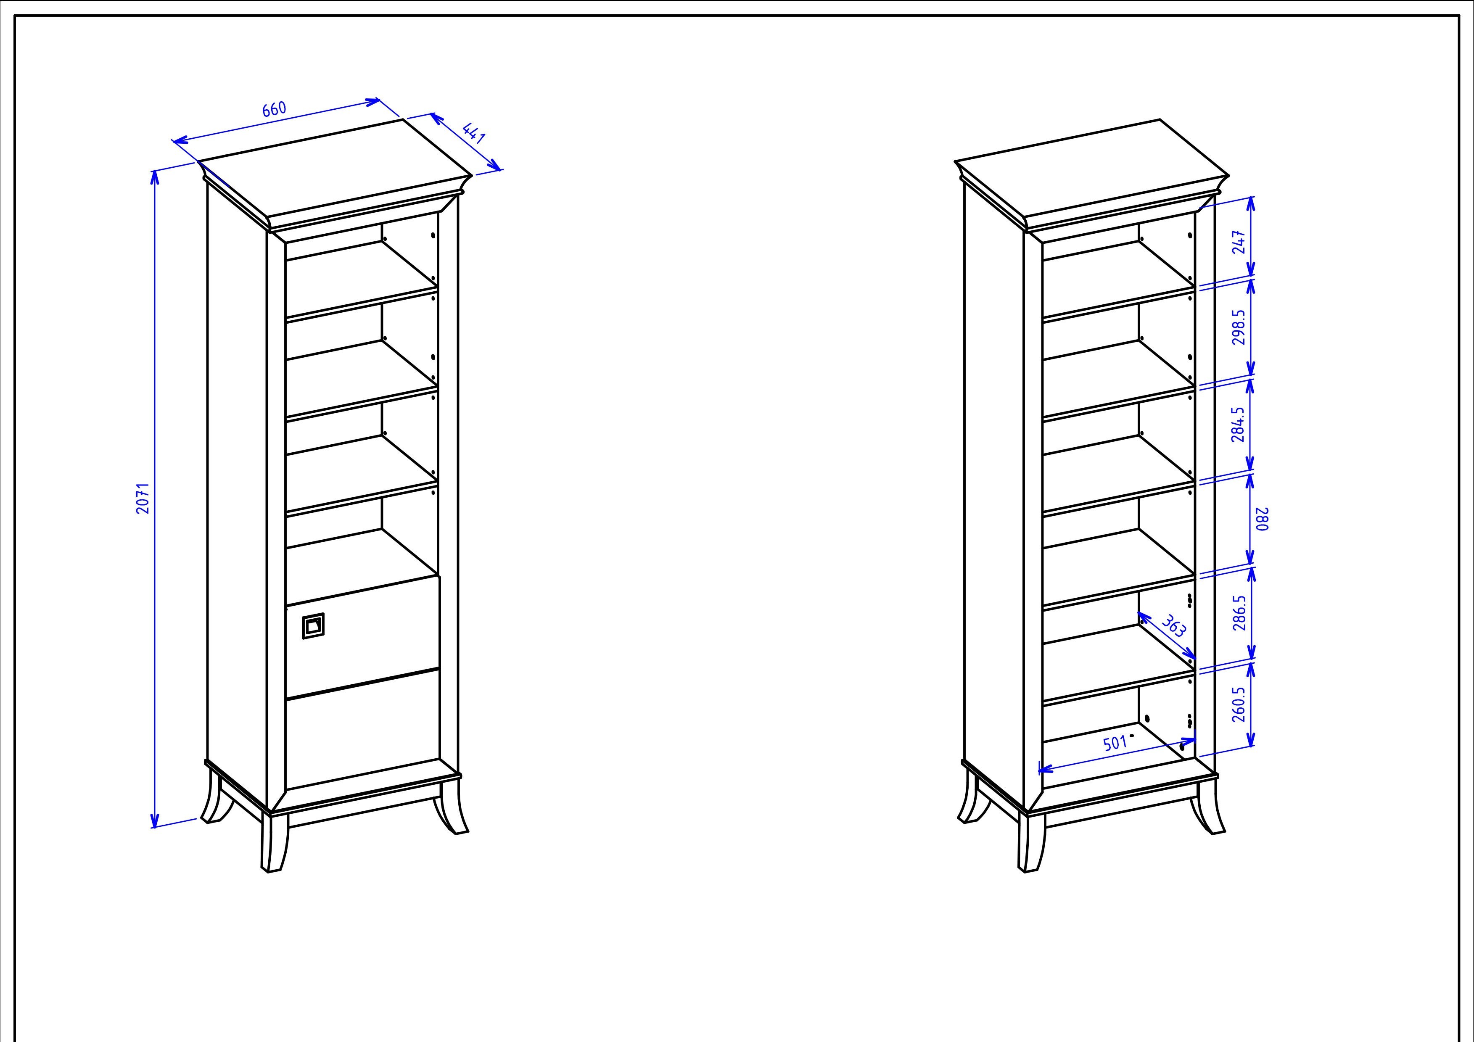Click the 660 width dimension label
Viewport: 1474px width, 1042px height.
point(274,109)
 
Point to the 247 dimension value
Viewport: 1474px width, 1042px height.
point(1240,242)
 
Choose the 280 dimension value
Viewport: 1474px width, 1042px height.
point(1262,519)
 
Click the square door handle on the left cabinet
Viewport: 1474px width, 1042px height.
point(313,626)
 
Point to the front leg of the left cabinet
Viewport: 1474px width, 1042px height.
point(274,842)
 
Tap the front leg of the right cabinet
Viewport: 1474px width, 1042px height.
point(1031,842)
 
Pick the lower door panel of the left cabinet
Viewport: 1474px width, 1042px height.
point(363,729)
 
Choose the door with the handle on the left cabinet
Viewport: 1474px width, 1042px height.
point(363,636)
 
